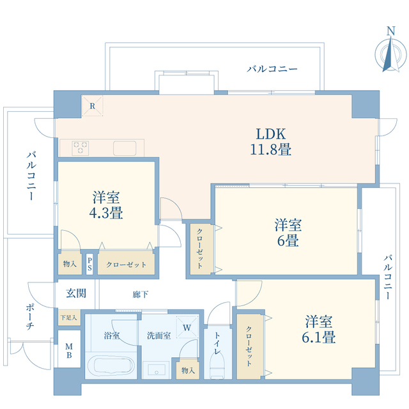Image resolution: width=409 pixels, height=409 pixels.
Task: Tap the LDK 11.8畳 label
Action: click(x=271, y=142)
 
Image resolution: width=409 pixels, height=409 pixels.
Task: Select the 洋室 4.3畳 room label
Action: click(x=107, y=205)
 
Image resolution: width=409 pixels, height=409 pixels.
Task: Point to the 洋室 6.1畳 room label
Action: click(x=320, y=328)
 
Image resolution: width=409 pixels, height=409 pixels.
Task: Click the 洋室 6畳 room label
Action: click(x=288, y=233)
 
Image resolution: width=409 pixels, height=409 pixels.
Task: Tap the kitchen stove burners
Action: click(x=80, y=147)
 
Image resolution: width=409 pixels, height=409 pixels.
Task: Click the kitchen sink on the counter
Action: click(x=125, y=148)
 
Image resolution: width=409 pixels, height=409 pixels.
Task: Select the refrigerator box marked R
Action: click(x=92, y=105)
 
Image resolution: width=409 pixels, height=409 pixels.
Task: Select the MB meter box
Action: click(x=69, y=352)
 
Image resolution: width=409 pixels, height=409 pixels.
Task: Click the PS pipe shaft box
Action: click(x=90, y=264)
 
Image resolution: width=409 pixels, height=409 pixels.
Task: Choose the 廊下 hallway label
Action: click(x=141, y=295)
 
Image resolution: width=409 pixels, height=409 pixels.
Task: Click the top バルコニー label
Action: click(x=272, y=68)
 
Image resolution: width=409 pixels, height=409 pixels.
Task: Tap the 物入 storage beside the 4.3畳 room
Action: click(x=70, y=264)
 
